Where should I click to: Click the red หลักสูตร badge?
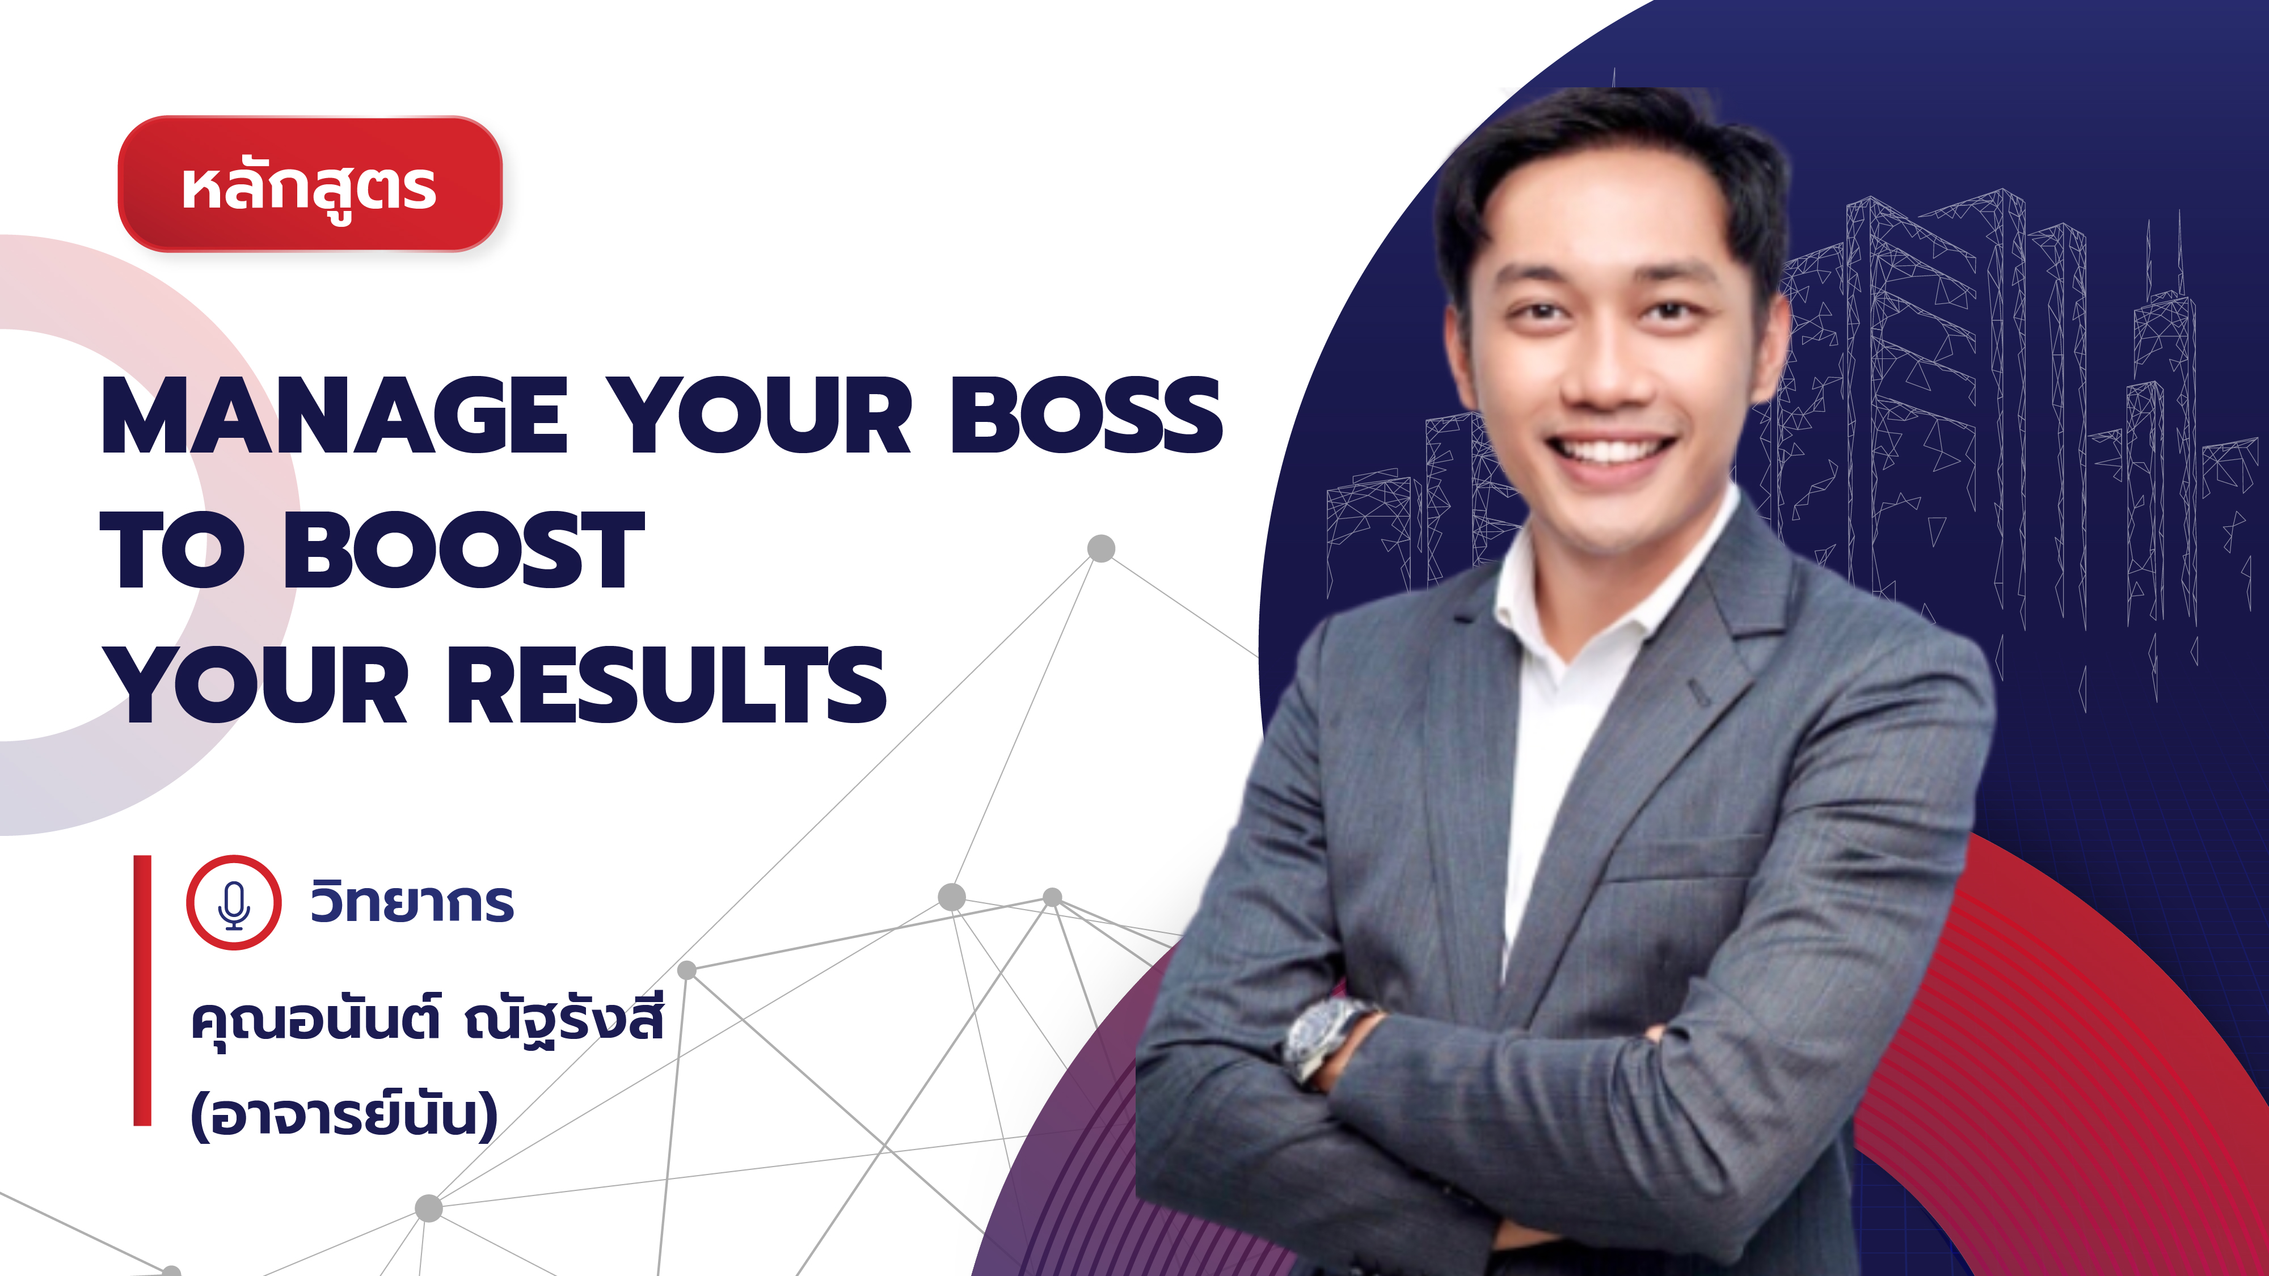(310, 184)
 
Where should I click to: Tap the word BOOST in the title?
(464, 550)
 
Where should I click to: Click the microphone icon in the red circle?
(233, 903)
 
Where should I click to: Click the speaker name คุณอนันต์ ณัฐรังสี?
(427, 1021)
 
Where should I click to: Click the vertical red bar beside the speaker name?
(143, 990)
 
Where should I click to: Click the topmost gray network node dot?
(1101, 548)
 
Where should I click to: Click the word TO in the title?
(172, 550)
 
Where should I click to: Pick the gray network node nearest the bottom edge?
(172, 1271)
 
